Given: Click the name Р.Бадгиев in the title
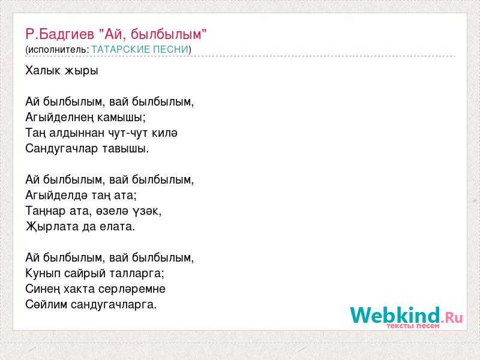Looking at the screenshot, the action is pyautogui.click(x=59, y=34).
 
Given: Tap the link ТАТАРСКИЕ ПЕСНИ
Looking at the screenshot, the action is pyautogui.click(x=140, y=49).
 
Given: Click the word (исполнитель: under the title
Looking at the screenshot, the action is pyautogui.click(x=57, y=50).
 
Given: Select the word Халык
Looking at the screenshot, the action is pyautogui.click(x=43, y=70).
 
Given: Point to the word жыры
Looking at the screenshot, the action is pyautogui.click(x=81, y=71).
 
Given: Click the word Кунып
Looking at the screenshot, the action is pyautogui.click(x=43, y=274).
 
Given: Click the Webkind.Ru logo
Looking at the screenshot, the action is pyautogui.click(x=406, y=317).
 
